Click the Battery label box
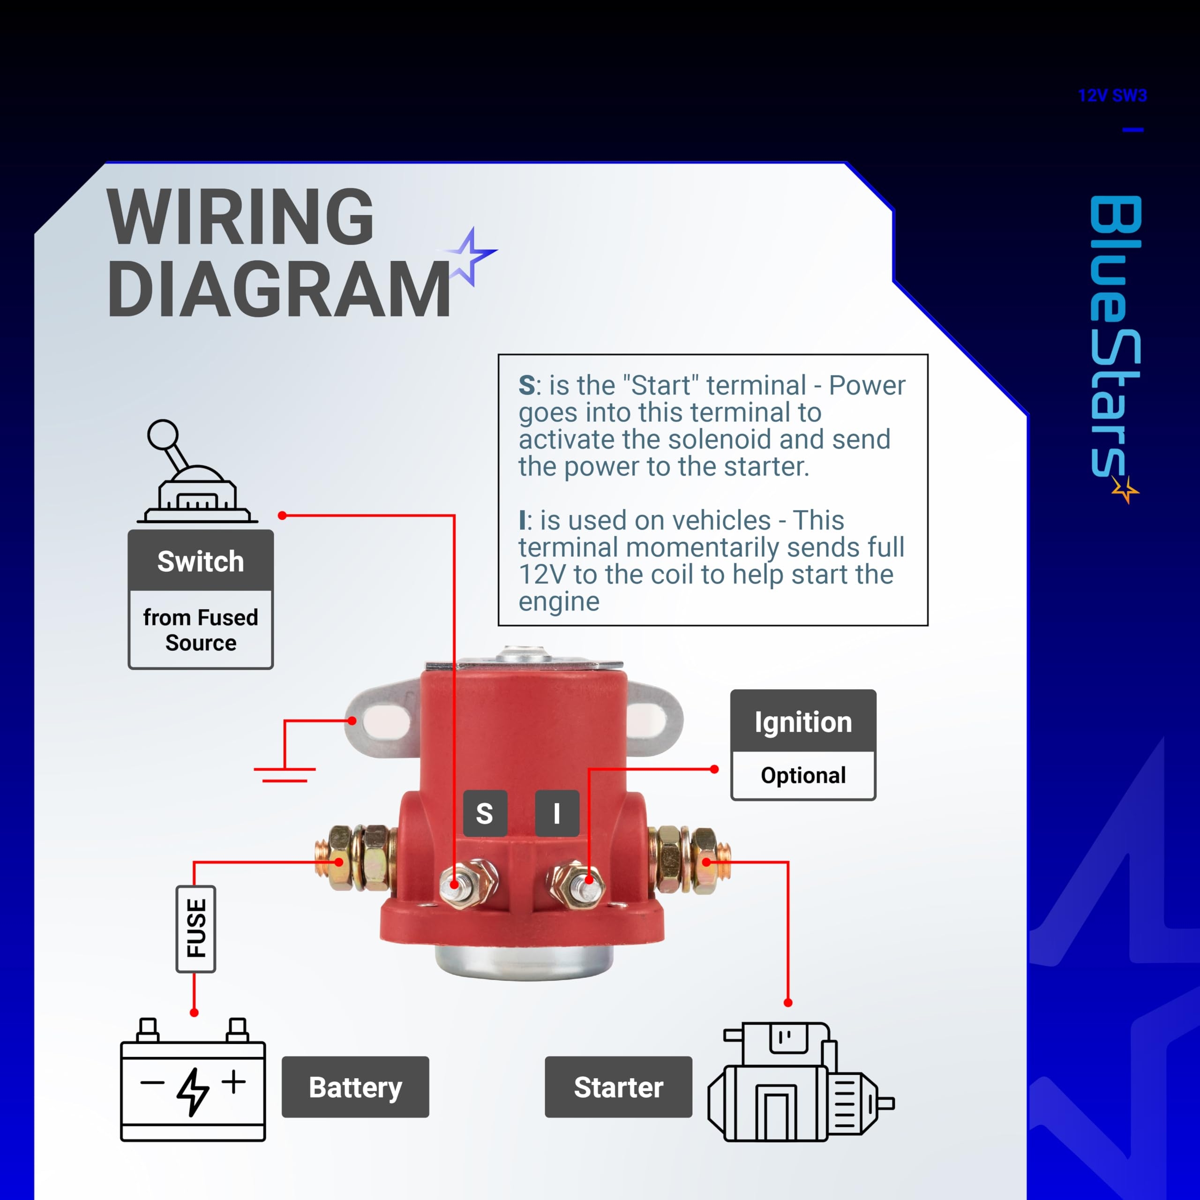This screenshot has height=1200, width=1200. [x=355, y=1087]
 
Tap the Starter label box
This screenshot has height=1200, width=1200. [x=618, y=1087]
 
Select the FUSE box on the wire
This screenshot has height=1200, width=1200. [x=195, y=929]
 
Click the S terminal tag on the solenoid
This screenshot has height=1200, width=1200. [x=485, y=813]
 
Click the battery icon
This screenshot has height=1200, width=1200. [x=193, y=1080]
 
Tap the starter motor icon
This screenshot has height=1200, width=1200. [x=801, y=1082]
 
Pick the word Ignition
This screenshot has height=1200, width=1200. [x=803, y=722]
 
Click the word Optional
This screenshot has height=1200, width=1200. [x=803, y=775]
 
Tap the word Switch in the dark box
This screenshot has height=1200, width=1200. [x=201, y=562]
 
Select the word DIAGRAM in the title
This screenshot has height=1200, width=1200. [x=279, y=289]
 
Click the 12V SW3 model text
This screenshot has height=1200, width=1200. [x=1112, y=96]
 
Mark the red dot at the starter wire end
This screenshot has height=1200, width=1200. [x=788, y=1003]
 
